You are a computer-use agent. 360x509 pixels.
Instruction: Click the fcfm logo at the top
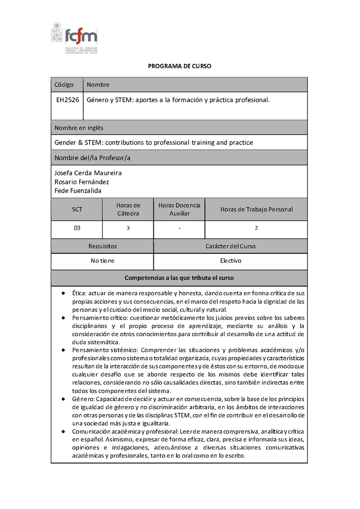pyautogui.click(x=75, y=38)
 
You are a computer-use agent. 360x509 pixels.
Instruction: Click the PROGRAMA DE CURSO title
pyautogui.click(x=180, y=66)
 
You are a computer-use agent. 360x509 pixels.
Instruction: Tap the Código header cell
pyautogui.click(x=64, y=85)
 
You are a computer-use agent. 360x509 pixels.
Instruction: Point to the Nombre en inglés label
pyautogui.click(x=79, y=128)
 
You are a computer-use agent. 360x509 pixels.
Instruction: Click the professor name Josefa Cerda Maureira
pyautogui.click(x=88, y=173)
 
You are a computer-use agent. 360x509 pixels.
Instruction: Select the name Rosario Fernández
pyautogui.click(x=81, y=182)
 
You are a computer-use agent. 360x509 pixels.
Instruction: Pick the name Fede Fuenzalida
pyautogui.click(x=78, y=191)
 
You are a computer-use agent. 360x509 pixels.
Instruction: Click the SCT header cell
pyautogui.click(x=77, y=209)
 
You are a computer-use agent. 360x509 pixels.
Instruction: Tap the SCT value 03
pyautogui.click(x=77, y=228)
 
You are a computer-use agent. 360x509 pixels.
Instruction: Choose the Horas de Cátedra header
pyautogui.click(x=128, y=209)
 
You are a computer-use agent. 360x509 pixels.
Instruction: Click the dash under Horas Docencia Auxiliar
pyautogui.click(x=179, y=228)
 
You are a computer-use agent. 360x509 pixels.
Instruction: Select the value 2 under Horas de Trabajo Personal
pyautogui.click(x=256, y=228)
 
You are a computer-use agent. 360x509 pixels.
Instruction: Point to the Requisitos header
pyautogui.click(x=103, y=246)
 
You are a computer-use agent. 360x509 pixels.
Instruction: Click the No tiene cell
pyautogui.click(x=103, y=261)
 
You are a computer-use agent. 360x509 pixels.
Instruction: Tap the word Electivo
pyautogui.click(x=230, y=261)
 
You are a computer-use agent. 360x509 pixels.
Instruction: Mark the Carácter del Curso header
pyautogui.click(x=230, y=246)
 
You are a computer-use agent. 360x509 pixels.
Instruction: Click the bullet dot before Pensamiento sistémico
pyautogui.click(x=63, y=350)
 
